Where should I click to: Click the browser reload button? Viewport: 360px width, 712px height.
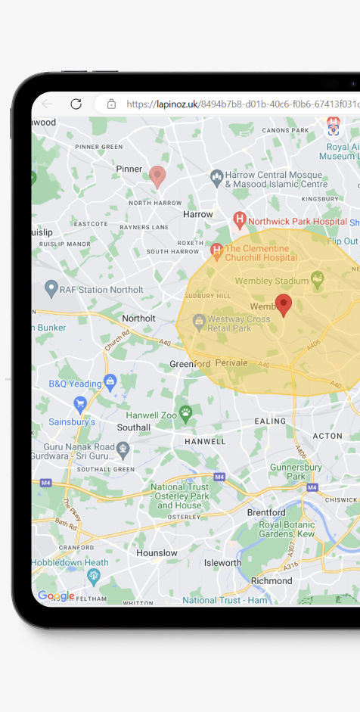76,104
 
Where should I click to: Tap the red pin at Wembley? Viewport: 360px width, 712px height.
284,305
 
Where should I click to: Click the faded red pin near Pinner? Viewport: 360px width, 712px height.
157,176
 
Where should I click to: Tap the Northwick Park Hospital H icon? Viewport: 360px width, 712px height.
240,220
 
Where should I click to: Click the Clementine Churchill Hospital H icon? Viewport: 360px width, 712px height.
216,250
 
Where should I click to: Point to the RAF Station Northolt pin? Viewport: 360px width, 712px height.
51,288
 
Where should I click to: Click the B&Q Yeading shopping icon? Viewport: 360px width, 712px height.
110,381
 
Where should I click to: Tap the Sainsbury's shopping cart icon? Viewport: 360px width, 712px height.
79,403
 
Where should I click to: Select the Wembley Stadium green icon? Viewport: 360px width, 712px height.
318,279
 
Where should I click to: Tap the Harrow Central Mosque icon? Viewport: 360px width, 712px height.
217,178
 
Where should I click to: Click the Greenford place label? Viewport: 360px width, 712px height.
190,363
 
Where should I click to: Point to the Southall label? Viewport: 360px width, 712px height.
134,427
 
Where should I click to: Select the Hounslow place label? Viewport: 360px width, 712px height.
157,552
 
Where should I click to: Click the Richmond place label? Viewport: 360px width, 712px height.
272,581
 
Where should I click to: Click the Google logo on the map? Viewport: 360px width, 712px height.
56,595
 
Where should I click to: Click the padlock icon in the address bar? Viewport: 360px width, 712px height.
111,104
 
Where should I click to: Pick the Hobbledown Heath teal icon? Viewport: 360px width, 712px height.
94,577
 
